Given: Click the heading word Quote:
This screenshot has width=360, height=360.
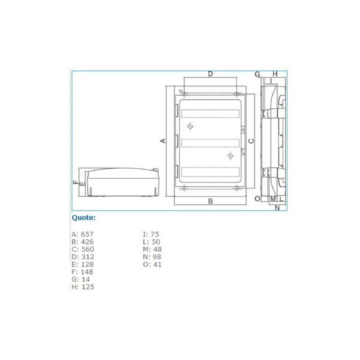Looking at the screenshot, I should click(84, 218).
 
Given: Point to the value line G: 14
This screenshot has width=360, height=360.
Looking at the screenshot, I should click(81, 279).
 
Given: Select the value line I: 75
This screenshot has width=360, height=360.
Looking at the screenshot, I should click(151, 234).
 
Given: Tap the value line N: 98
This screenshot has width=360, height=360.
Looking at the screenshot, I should click(152, 257).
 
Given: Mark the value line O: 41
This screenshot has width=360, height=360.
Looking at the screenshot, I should click(152, 265).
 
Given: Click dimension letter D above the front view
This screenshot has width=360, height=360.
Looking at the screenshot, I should click(210, 74).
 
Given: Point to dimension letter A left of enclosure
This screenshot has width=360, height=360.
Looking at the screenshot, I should click(163, 141).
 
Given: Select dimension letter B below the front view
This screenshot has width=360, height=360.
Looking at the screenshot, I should click(210, 202).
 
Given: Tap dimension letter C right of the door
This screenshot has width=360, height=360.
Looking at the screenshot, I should click(252, 141).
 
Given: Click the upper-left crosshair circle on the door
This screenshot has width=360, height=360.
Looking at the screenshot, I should click(190, 126).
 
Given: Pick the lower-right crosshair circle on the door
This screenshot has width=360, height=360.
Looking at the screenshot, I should click(230, 156).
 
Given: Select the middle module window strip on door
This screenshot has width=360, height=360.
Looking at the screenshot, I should click(210, 143).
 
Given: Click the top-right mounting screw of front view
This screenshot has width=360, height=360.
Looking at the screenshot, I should click(236, 94).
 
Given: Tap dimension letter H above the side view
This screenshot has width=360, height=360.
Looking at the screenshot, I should click(275, 74).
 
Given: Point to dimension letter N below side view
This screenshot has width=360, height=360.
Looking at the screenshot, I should click(277, 207).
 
